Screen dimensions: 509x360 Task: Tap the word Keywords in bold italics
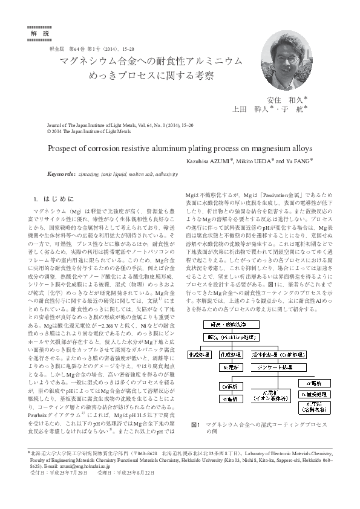click(x=60, y=173)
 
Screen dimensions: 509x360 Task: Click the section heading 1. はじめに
click(x=55, y=199)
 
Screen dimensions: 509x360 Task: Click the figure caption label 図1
click(x=195, y=424)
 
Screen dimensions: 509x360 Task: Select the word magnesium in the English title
click(x=277, y=148)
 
